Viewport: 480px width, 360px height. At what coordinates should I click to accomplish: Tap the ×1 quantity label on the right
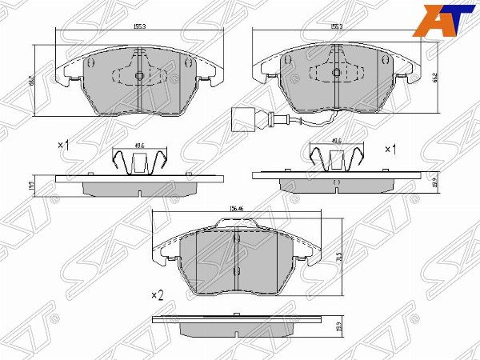point(391,150)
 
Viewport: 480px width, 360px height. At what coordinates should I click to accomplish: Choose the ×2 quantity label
point(157,295)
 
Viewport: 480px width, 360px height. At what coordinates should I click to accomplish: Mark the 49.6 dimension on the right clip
point(336,141)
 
